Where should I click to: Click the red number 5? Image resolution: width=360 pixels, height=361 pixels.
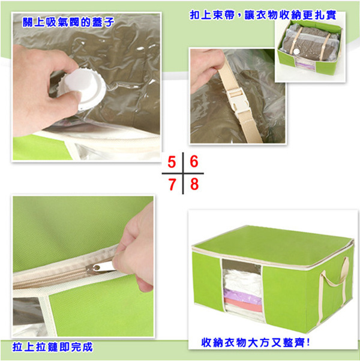point(172,162)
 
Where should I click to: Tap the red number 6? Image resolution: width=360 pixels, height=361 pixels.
point(194,162)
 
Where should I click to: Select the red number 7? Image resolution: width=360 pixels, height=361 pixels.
point(172,185)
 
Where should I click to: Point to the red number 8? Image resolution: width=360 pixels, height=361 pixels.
point(194,185)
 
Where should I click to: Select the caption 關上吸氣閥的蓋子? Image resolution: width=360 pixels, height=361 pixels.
point(68,23)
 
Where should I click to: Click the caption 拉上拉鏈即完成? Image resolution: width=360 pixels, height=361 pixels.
point(53,347)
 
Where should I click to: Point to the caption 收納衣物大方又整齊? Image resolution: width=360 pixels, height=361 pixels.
point(256,342)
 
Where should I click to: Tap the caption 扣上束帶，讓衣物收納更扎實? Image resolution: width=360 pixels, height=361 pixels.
point(263,16)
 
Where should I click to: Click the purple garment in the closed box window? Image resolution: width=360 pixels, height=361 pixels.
point(242,294)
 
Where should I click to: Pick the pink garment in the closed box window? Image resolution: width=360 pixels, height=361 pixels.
point(243,305)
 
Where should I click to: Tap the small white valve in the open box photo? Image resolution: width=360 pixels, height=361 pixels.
point(298,52)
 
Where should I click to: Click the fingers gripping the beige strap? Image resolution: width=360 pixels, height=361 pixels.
point(205,67)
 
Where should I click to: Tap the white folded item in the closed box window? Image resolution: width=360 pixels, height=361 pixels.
point(242,279)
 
